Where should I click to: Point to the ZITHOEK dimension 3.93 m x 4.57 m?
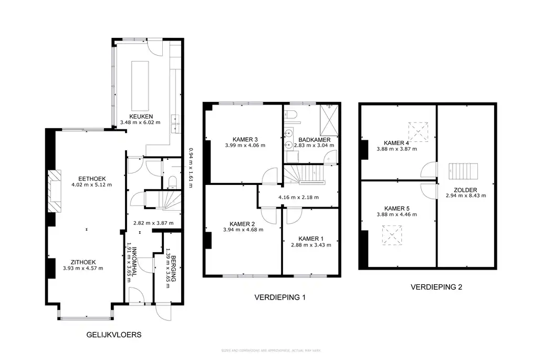83,268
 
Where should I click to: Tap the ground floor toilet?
172,182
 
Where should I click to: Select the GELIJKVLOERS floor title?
113,335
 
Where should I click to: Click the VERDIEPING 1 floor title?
280,297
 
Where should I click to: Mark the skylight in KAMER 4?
417,129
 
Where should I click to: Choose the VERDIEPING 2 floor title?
436,287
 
